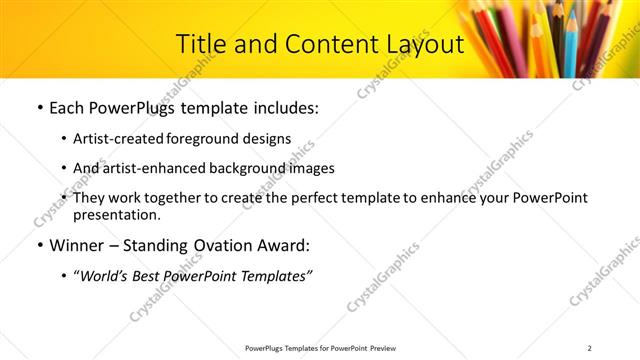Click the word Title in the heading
pyautogui.click(x=200, y=45)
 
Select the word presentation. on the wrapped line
pyautogui.click(x=116, y=214)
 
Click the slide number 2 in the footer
pyautogui.click(x=590, y=348)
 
